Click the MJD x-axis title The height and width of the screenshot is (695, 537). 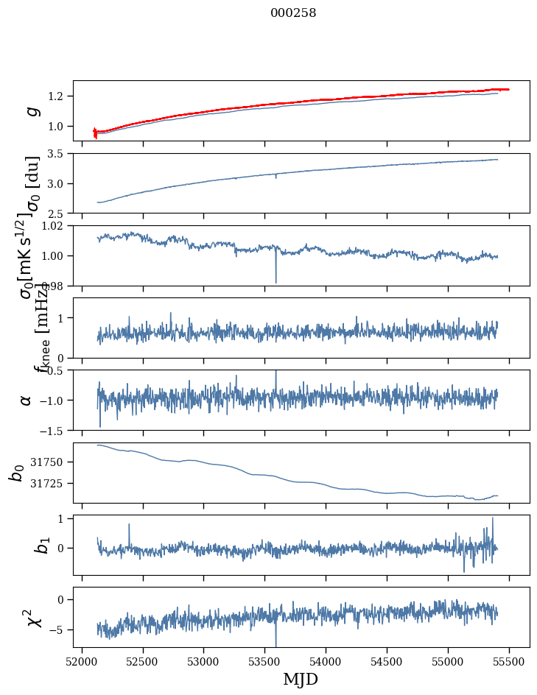click(x=301, y=679)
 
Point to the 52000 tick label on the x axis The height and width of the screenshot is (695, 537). click(x=82, y=660)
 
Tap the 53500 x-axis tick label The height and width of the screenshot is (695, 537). click(x=265, y=660)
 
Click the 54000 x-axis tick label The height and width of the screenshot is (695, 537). click(x=326, y=660)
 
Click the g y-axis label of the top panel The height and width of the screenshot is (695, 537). click(x=32, y=110)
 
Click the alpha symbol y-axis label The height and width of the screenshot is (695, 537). click(x=26, y=400)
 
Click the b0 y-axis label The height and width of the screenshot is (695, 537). click(x=16, y=473)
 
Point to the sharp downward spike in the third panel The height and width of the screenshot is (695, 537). click(x=275, y=280)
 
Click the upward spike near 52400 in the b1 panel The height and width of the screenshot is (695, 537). click(x=129, y=525)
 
